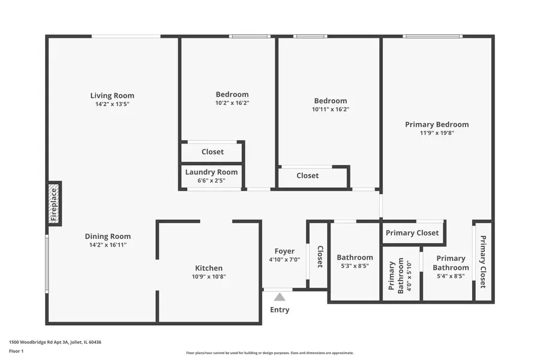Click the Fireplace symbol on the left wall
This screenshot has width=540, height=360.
55,204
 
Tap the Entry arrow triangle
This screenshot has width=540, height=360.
280,297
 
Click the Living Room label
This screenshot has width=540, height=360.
112,95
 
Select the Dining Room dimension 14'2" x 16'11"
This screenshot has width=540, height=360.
107,245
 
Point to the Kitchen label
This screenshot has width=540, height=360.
209,268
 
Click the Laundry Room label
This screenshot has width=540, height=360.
211,172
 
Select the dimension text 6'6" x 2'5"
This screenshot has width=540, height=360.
211,180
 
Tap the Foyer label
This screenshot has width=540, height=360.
284,251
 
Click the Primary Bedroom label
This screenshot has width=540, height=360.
437,125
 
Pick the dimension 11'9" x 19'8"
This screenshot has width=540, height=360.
437,133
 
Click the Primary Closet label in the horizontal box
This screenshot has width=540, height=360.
412,233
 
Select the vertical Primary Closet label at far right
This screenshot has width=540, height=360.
483,262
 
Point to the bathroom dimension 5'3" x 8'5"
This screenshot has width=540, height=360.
355,266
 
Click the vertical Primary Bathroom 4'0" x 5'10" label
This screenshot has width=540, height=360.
401,276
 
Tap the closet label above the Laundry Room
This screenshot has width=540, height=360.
212,152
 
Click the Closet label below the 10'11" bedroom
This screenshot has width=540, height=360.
308,176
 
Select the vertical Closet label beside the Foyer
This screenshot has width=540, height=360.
320,256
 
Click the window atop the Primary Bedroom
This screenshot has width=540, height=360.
432,37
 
